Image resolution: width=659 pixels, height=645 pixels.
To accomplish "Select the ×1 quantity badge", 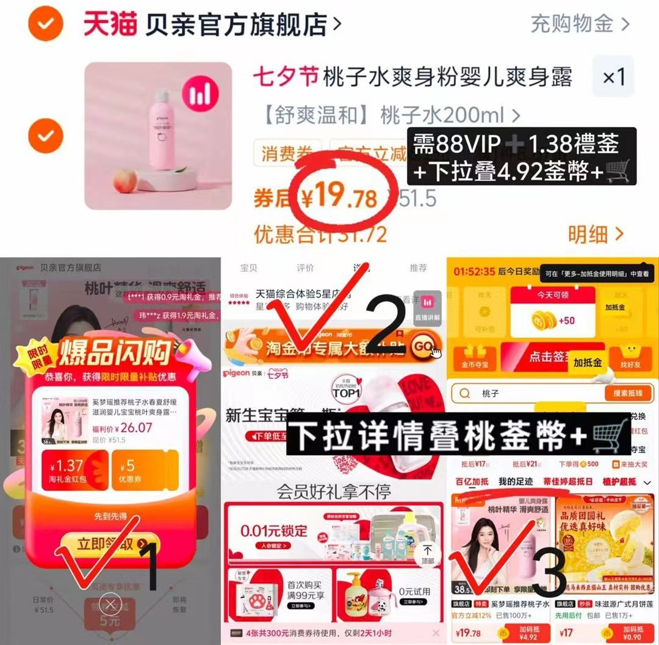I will [613, 77].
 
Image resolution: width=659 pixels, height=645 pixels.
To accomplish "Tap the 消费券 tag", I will [287, 154].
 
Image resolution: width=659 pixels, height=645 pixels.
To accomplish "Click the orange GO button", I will [424, 346].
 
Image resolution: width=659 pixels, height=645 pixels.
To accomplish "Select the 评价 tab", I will [304, 268].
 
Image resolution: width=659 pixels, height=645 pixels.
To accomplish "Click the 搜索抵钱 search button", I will [626, 393].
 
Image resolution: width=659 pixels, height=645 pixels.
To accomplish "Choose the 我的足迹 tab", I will [516, 482].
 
